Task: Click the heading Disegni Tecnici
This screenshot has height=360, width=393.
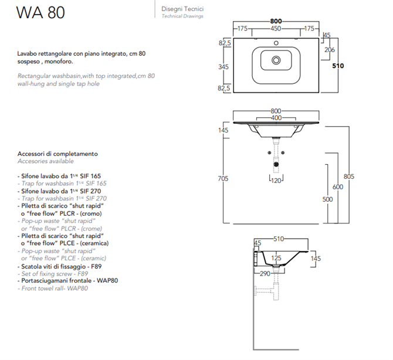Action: pos(182,9)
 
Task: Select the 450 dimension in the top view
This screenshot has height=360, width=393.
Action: pos(275,28)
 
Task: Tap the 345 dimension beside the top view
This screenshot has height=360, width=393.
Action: pos(223,67)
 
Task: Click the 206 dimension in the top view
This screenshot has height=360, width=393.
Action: pos(330,50)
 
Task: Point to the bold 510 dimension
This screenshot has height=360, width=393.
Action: pos(337,66)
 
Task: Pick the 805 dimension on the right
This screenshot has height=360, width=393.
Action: pos(350,177)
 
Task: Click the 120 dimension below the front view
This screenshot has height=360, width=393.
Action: pos(276,181)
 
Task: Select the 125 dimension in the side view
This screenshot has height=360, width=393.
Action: pos(275,257)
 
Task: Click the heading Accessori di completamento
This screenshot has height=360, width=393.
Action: pos(57,154)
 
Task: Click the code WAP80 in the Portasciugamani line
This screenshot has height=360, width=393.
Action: pos(107,281)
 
